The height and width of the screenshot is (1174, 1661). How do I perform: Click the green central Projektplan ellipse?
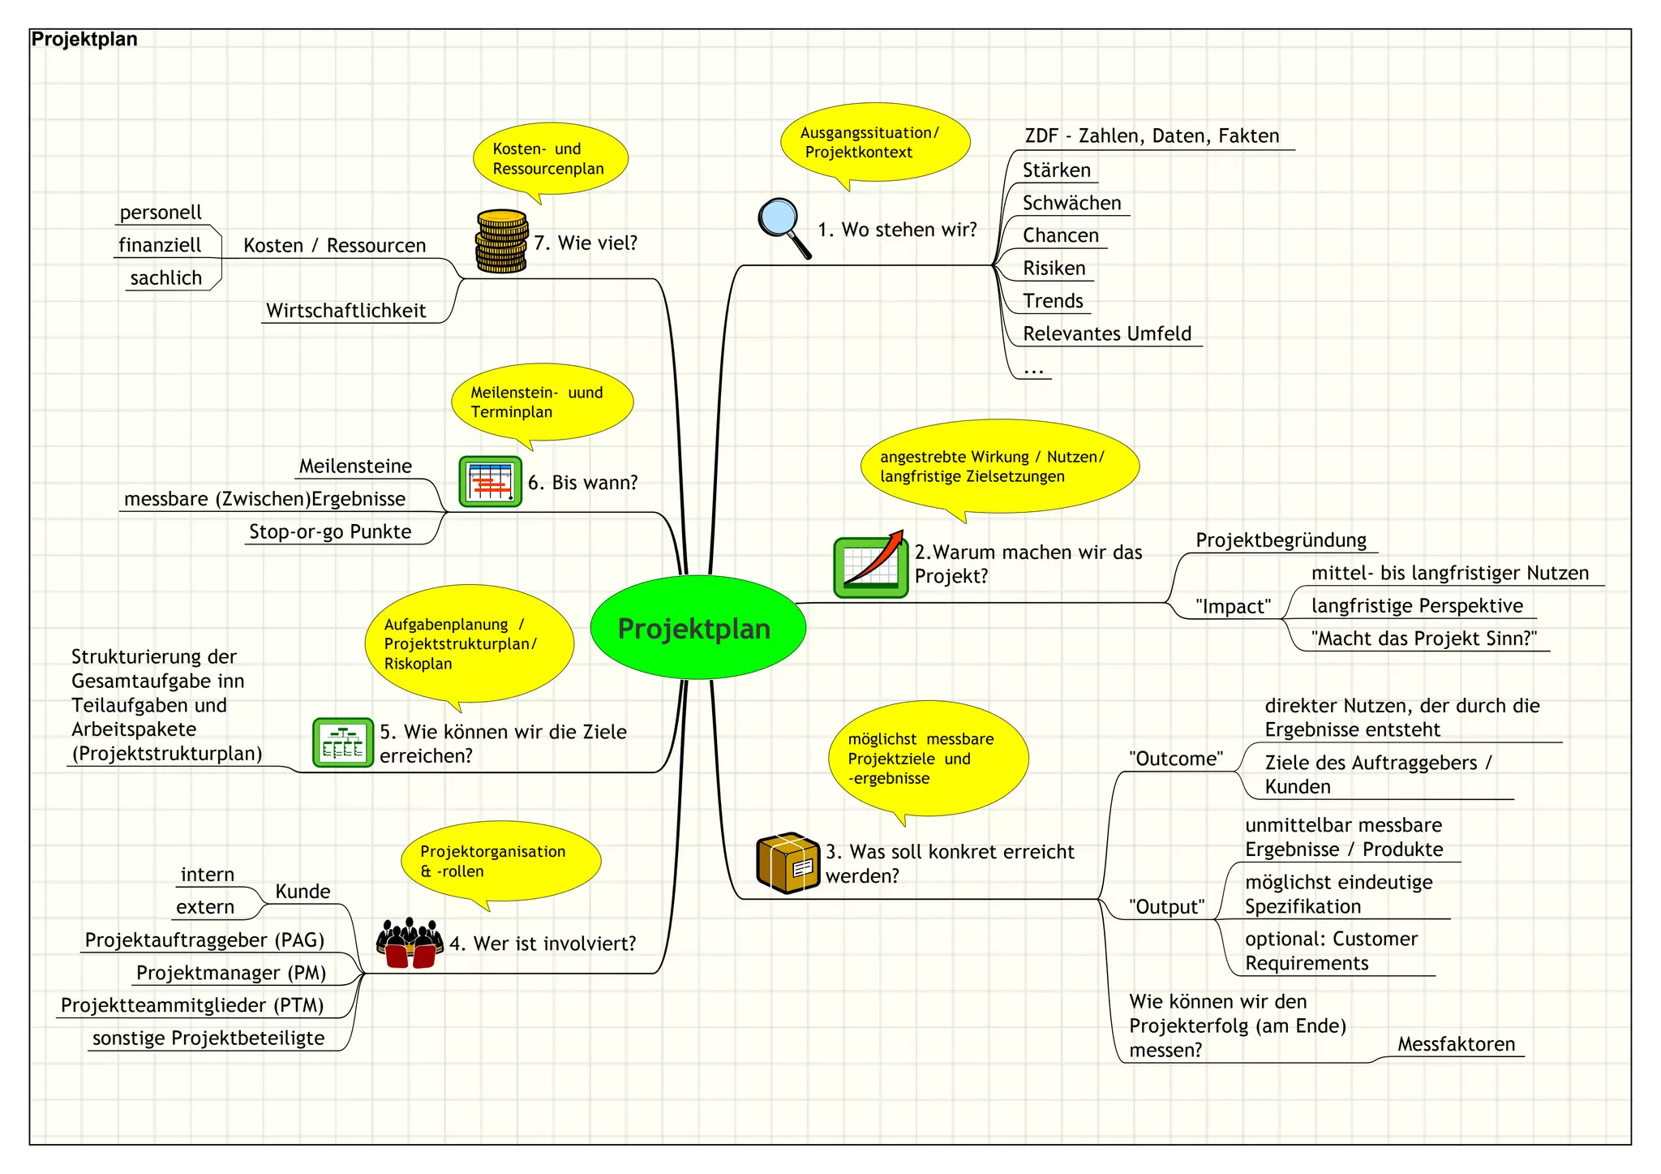click(697, 628)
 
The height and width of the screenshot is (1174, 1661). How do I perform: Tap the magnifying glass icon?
click(783, 226)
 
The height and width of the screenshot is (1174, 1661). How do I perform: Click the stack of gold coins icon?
click(501, 242)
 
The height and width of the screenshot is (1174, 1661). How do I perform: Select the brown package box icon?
click(787, 862)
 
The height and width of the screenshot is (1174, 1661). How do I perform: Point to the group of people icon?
click(410, 944)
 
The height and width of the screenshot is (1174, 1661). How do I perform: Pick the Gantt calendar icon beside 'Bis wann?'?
click(490, 482)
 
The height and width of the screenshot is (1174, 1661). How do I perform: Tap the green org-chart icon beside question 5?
click(342, 742)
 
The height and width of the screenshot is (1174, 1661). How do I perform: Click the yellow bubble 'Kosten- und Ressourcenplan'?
click(550, 159)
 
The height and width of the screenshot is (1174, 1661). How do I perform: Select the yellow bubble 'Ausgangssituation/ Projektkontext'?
click(874, 143)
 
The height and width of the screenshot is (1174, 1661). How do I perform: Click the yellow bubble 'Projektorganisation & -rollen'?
click(500, 862)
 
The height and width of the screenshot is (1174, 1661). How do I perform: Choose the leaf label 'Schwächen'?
click(1071, 203)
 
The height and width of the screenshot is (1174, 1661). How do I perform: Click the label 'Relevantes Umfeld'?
click(1106, 333)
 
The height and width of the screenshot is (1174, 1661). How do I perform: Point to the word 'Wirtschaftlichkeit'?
click(346, 311)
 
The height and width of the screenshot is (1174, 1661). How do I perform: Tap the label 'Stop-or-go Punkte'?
click(330, 531)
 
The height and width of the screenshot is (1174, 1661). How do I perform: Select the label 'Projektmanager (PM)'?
click(231, 973)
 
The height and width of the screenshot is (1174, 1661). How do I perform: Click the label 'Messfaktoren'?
click(1456, 1044)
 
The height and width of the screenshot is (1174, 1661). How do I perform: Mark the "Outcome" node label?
click(1175, 759)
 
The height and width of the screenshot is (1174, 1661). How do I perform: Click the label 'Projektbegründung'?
click(1281, 540)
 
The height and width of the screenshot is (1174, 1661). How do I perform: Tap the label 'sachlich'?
click(166, 278)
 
